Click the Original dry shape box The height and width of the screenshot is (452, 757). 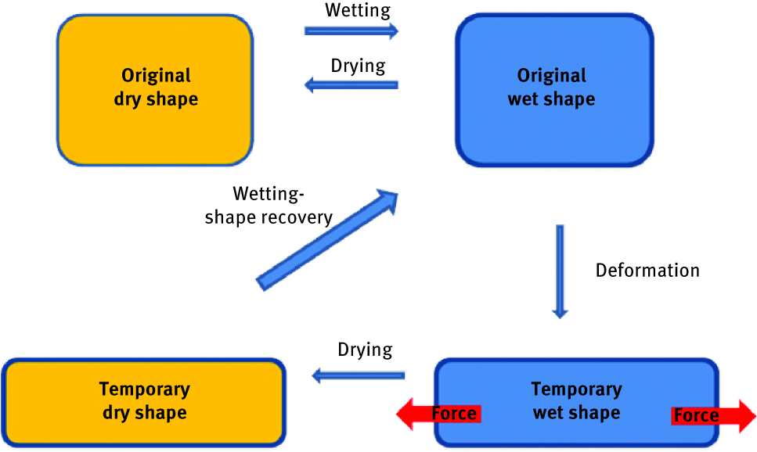pos(155,125)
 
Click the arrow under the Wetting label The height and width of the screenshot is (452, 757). pos(351,30)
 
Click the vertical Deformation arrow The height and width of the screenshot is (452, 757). pos(559,271)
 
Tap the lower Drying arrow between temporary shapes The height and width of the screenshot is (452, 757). pos(358,376)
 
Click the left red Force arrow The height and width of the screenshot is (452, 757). pos(438,413)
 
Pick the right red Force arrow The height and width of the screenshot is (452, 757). pos(712,414)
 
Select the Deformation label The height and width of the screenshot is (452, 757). pos(647,271)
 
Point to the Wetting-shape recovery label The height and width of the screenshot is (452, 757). pos(268,206)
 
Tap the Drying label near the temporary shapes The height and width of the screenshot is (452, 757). pos(365,349)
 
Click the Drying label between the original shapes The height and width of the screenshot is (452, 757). pos(358,66)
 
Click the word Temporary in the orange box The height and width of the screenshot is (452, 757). pos(145,389)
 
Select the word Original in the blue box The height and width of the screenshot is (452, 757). pos(552,76)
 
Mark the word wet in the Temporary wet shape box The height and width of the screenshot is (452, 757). pos(548,413)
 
